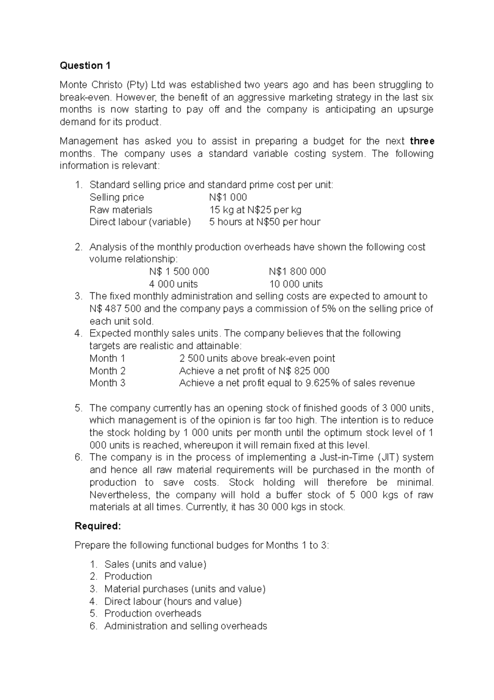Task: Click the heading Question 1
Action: [x=85, y=66]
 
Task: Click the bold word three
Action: [x=422, y=141]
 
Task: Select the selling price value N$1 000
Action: [x=228, y=197]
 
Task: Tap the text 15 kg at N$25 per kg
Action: [x=255, y=209]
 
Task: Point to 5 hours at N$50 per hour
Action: [x=264, y=222]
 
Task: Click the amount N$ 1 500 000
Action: [x=179, y=271]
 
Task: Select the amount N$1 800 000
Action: [x=297, y=271]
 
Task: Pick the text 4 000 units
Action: [x=173, y=284]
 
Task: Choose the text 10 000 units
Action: [x=296, y=284]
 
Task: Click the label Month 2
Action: [x=107, y=371]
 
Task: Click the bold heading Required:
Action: [x=98, y=526]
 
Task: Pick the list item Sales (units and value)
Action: [x=155, y=564]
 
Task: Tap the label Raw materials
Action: [x=121, y=209]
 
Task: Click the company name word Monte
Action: [x=74, y=85]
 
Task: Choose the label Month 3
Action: [x=107, y=383]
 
